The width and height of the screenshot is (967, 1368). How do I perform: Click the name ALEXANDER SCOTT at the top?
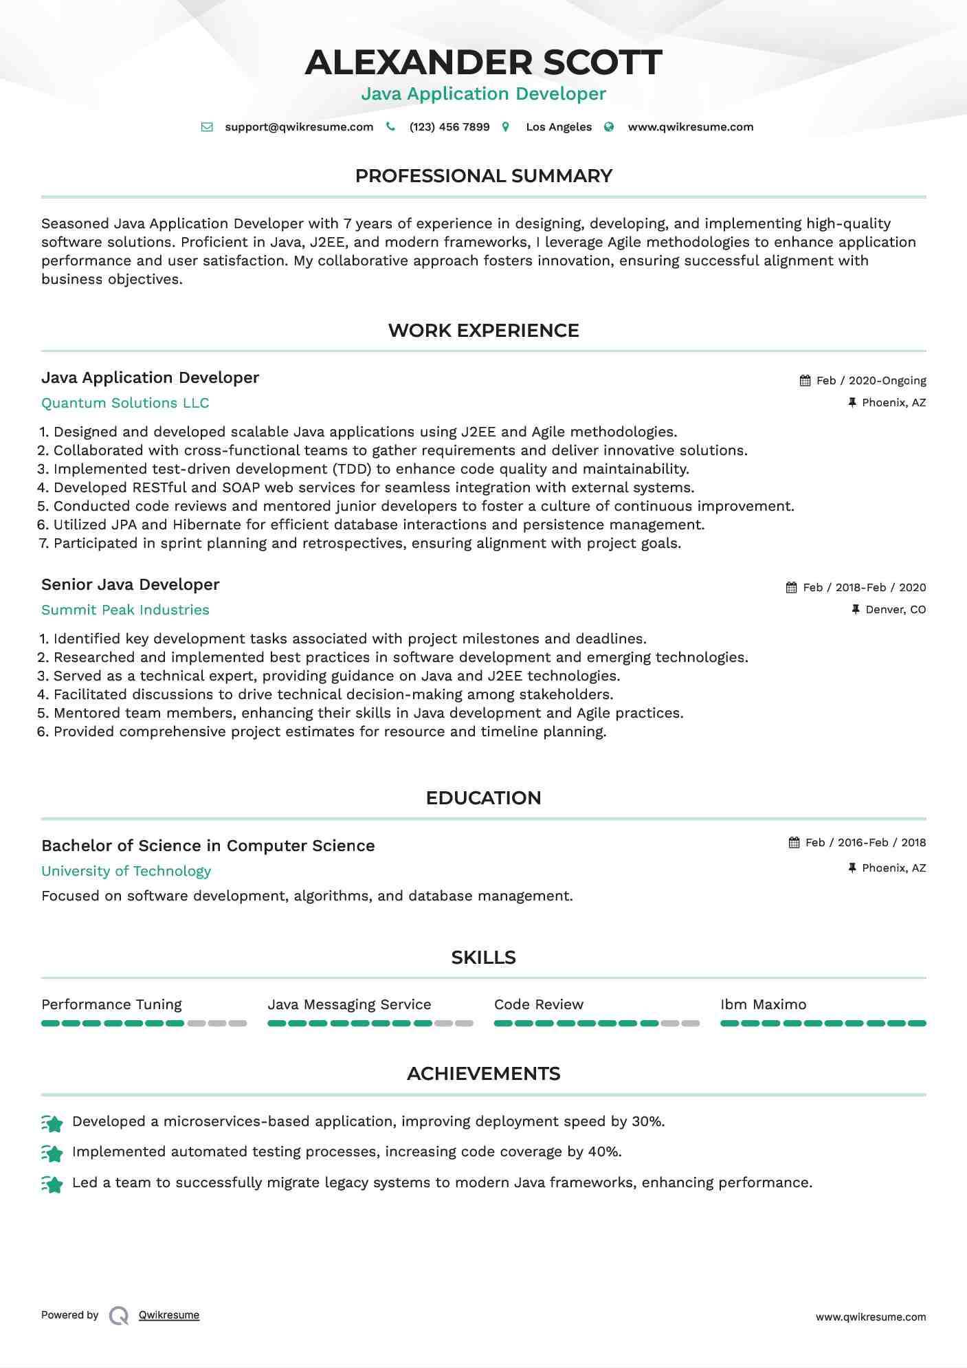(x=483, y=63)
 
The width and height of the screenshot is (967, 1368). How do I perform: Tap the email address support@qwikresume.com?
(x=299, y=127)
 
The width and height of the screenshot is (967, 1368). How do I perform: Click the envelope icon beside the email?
(x=207, y=127)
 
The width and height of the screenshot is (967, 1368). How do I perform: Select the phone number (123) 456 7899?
(x=449, y=127)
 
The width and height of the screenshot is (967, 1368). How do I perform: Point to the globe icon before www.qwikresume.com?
(x=609, y=127)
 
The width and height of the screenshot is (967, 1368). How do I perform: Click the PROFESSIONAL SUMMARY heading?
(x=483, y=176)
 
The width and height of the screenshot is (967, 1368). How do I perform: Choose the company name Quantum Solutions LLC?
(x=125, y=404)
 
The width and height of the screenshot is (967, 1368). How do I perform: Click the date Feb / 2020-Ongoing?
(x=871, y=381)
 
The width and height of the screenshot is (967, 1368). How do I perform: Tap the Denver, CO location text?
(x=896, y=610)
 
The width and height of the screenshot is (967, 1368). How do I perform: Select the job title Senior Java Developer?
(x=131, y=585)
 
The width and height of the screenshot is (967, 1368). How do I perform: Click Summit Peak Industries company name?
(x=125, y=610)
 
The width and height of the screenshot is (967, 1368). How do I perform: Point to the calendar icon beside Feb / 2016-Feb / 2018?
(x=794, y=843)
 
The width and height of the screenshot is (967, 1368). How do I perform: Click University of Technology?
(x=126, y=872)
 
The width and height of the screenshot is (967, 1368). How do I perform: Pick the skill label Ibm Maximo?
(x=763, y=1005)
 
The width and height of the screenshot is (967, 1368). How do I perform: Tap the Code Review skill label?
(x=539, y=1005)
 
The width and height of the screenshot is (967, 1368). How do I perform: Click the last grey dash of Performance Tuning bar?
(x=238, y=1024)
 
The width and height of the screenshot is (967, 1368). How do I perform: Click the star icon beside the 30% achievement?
(x=52, y=1123)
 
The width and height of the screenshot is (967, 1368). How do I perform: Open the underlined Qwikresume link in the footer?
(x=169, y=1315)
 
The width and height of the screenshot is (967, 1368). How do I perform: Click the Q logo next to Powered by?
(x=119, y=1316)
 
